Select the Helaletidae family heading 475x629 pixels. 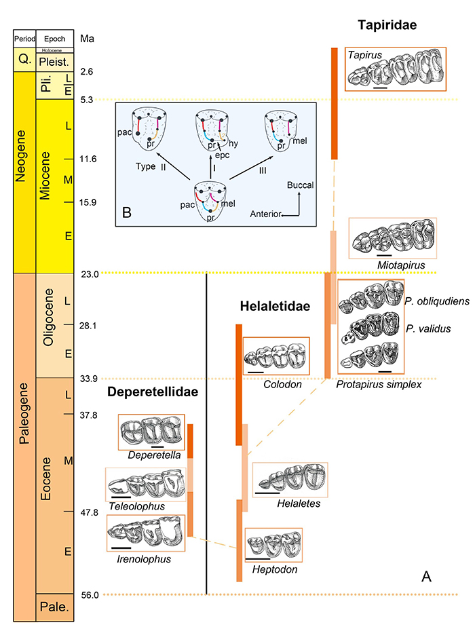[x=275, y=307]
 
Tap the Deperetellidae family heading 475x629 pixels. [x=153, y=393]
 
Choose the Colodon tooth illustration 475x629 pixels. [x=276, y=357]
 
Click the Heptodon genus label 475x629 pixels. [x=274, y=570]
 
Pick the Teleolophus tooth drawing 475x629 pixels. [x=145, y=484]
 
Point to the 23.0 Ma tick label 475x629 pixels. [x=90, y=274]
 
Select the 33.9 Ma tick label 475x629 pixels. [x=90, y=379]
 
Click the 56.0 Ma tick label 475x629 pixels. [x=90, y=595]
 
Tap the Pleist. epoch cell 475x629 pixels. [x=55, y=60]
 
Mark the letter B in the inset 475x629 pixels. [x=127, y=211]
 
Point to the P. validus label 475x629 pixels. [x=421, y=328]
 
